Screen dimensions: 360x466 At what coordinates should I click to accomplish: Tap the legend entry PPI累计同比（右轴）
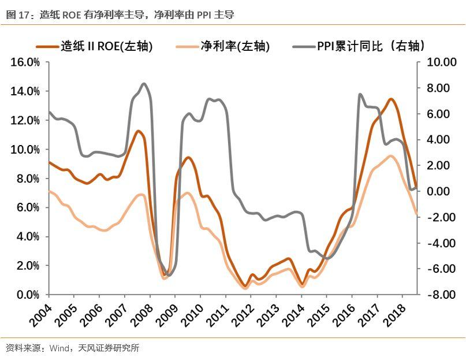pos(370,46)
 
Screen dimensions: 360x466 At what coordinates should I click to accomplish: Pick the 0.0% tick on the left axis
pos(28,295)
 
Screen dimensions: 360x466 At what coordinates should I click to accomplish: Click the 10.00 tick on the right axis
pos(441,62)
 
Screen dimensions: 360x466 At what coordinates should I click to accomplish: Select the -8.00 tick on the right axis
pos(441,295)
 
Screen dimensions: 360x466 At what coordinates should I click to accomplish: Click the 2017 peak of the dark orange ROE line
pos(391,99)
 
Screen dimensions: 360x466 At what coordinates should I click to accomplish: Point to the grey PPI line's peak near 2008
pos(143,84)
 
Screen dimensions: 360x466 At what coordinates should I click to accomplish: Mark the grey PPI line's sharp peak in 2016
pos(360,94)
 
